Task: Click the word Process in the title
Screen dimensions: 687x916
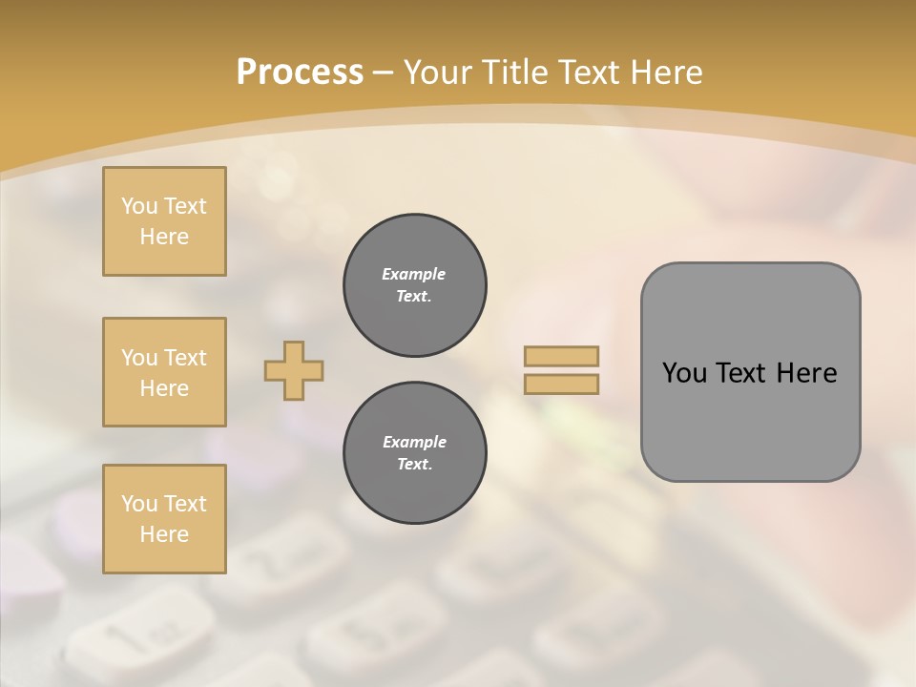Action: [300, 73]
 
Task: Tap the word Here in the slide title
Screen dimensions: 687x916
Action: [665, 73]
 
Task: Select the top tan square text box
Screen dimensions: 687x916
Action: [164, 221]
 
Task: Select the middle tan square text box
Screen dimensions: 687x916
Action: [164, 372]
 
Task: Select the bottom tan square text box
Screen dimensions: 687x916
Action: [164, 518]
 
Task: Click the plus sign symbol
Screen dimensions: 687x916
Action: [294, 370]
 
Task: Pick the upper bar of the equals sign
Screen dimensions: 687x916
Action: [561, 356]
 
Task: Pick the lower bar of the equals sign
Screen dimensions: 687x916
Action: [561, 384]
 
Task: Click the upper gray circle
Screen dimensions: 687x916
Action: [414, 285]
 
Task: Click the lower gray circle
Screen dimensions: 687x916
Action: [414, 453]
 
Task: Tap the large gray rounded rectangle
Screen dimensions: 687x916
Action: [750, 372]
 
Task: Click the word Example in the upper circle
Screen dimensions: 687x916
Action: [414, 274]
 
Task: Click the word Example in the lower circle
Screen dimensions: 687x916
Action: [414, 442]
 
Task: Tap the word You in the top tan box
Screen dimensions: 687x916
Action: [139, 206]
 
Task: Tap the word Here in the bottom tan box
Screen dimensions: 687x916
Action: [164, 534]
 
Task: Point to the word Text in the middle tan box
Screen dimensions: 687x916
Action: [185, 358]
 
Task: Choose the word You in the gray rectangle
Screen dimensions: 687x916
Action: [684, 373]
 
